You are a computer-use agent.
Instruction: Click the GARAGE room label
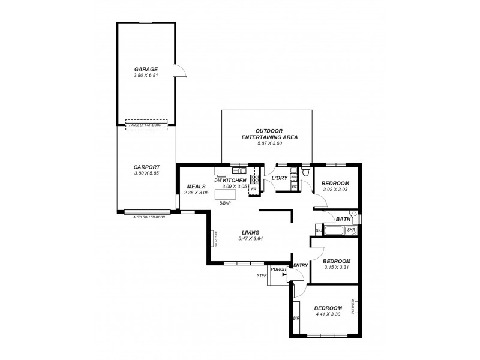146,70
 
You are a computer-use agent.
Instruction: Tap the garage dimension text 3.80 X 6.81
146,76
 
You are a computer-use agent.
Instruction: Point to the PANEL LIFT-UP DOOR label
146,125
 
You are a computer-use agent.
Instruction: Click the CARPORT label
146,169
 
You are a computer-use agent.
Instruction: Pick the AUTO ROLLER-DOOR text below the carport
148,216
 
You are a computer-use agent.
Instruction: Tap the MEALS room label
196,186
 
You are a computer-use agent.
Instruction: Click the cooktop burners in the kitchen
255,179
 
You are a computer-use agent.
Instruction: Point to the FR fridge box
254,188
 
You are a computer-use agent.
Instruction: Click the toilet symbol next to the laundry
305,172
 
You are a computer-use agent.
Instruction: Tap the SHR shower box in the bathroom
351,230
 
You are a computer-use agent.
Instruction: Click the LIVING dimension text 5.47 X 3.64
251,238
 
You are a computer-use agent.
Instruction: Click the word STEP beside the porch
262,275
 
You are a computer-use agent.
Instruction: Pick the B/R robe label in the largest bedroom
296,318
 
